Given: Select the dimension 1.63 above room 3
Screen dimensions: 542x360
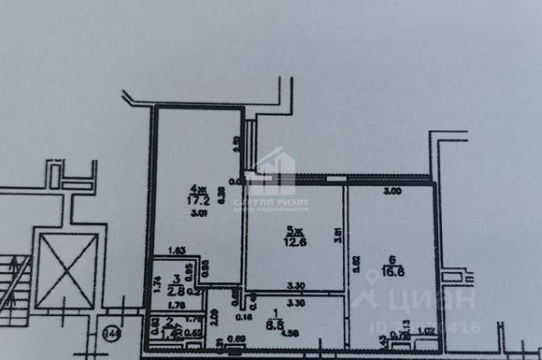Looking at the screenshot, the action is coord(176,250).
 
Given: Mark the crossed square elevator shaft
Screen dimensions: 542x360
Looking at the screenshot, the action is coord(68,269).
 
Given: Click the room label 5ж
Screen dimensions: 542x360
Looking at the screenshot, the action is coord(290,230).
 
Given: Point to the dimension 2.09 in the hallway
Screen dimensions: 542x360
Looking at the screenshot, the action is coord(215,319).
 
